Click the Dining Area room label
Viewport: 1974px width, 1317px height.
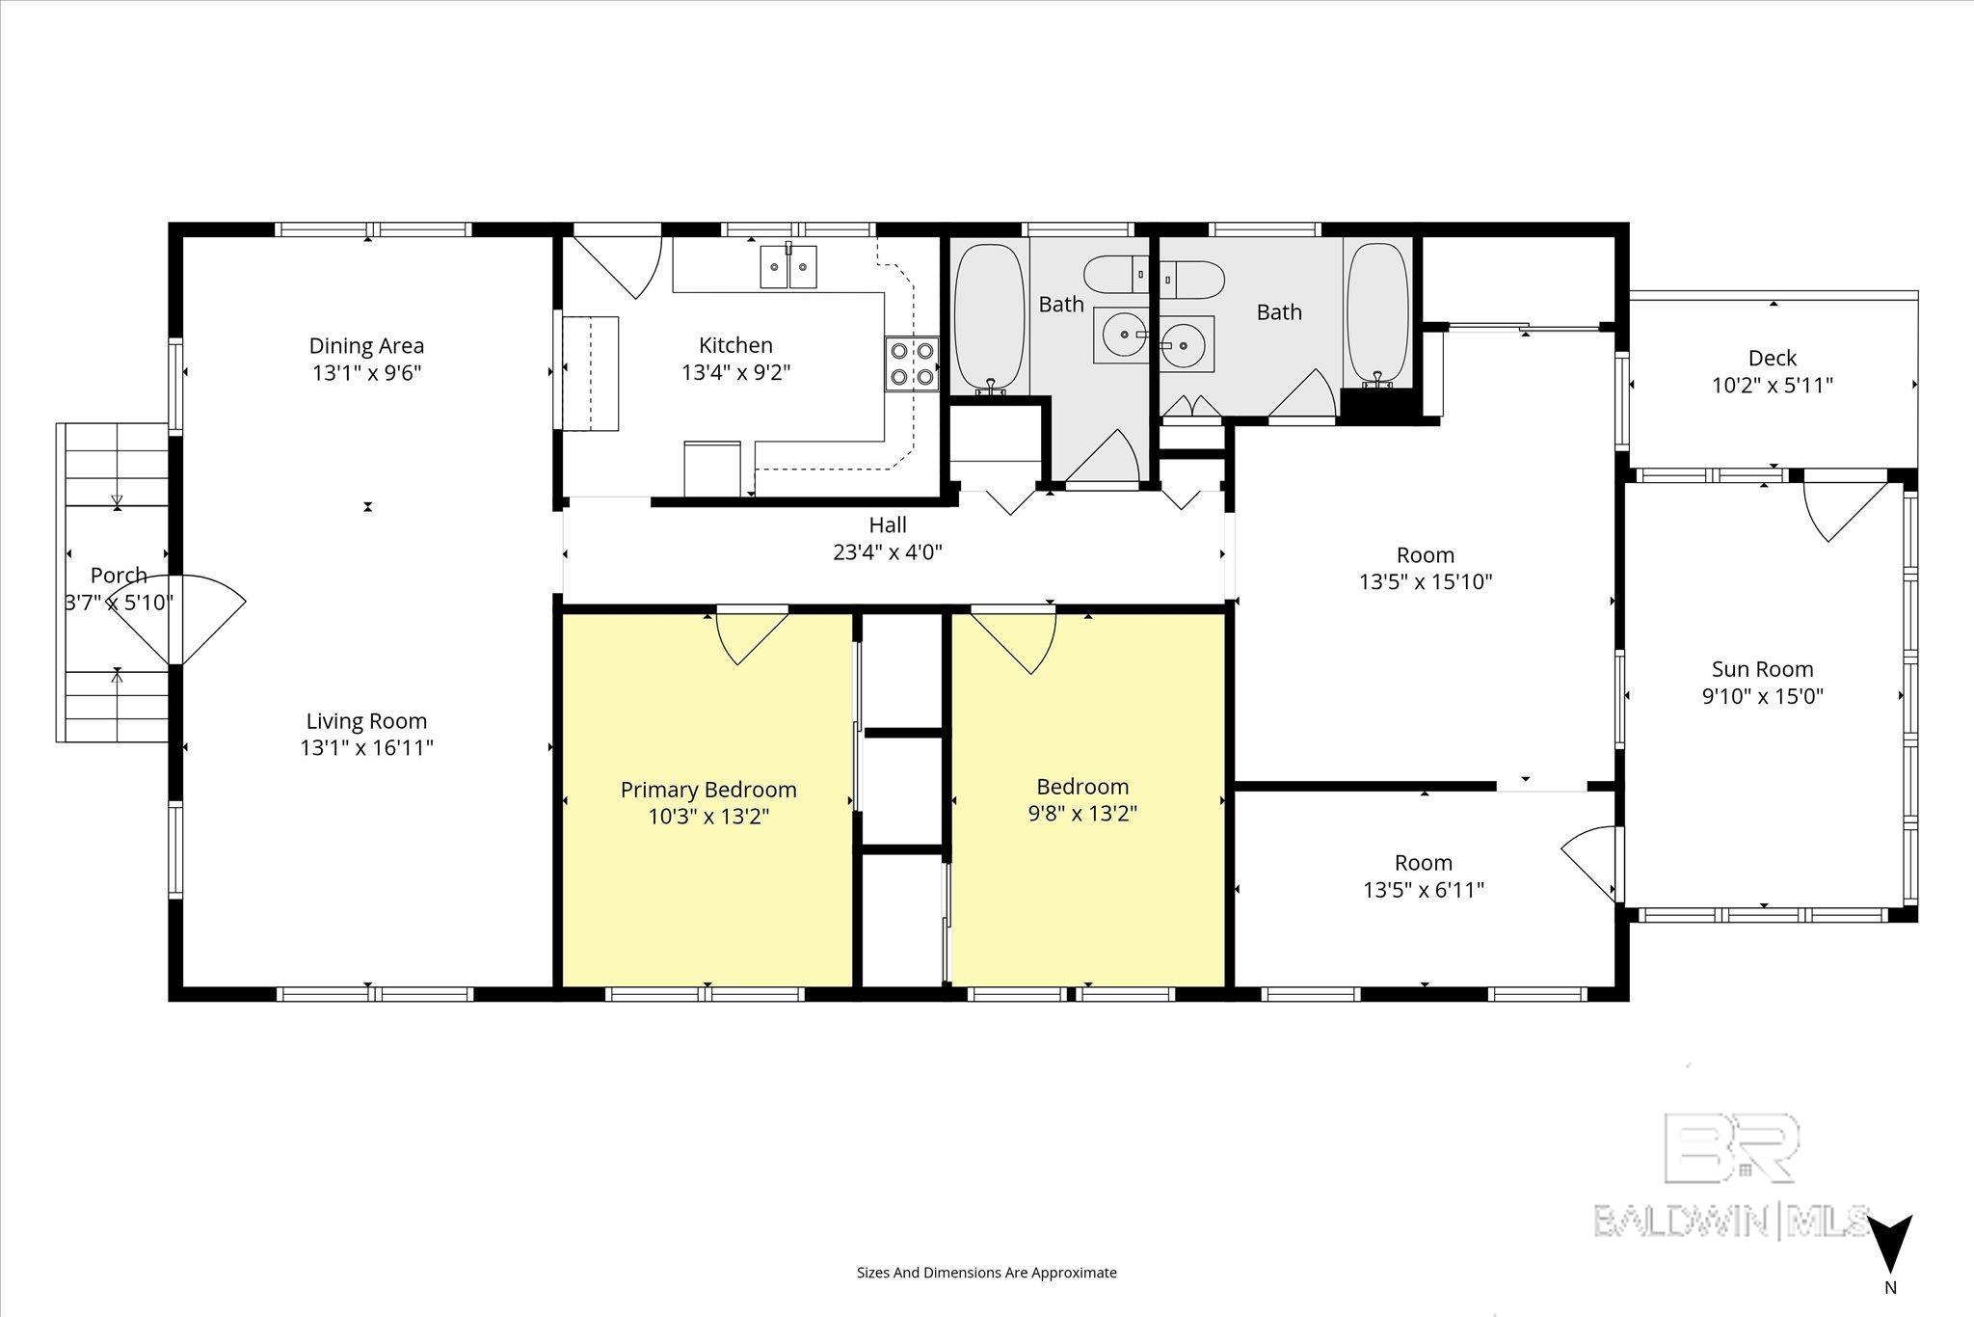click(366, 345)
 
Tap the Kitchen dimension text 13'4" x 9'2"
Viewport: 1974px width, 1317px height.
click(735, 372)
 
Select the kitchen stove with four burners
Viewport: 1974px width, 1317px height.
click(912, 363)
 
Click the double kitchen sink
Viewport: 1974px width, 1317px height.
click(788, 266)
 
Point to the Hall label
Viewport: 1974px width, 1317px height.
click(888, 524)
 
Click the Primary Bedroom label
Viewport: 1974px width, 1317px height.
click(708, 790)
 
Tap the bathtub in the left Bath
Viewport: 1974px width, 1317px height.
click(989, 316)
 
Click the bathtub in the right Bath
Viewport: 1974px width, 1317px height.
click(1377, 313)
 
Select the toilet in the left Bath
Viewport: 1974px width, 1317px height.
click(1116, 275)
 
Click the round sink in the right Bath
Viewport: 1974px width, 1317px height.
click(1183, 340)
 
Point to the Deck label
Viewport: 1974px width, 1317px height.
click(1772, 358)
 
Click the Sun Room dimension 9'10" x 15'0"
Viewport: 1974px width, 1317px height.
click(1763, 696)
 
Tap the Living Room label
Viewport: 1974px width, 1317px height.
click(366, 720)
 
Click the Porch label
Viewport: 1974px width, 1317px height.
click(119, 576)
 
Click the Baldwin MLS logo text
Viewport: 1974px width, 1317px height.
click(1732, 1220)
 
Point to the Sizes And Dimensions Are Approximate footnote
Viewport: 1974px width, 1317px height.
click(987, 1273)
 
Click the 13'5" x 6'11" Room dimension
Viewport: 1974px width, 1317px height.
click(1424, 889)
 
